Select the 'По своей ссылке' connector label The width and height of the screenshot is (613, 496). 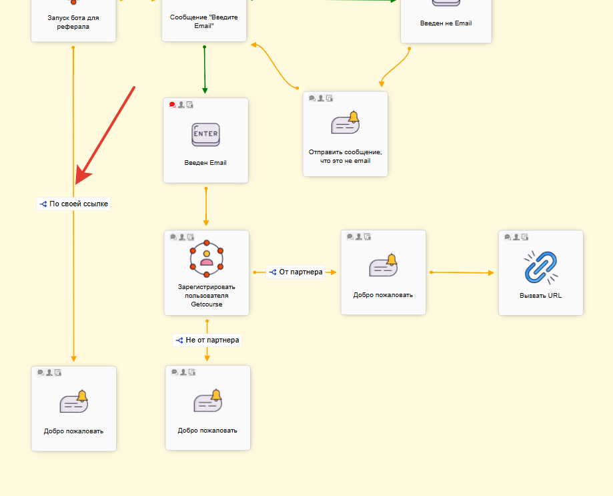point(73,204)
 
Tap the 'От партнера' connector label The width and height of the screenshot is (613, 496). point(295,272)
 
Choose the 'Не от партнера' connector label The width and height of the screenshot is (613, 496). point(207,340)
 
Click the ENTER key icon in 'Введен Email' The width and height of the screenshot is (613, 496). point(205,135)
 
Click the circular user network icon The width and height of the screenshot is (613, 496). point(207,257)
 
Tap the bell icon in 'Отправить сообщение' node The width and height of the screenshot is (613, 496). point(346,123)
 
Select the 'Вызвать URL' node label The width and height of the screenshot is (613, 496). point(540,294)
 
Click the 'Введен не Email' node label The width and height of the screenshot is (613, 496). point(446,23)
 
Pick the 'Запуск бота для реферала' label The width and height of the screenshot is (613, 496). point(73,23)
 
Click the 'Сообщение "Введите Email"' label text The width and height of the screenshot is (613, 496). point(204,21)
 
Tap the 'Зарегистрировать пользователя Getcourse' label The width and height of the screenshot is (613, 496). point(207,295)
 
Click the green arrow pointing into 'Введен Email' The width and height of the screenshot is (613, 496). point(205,70)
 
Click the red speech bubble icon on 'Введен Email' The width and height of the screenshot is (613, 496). point(173,105)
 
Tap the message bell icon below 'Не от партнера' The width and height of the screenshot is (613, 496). point(207,401)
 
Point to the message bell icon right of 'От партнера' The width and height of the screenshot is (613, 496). point(384,266)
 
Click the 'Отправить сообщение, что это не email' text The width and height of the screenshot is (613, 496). point(345,156)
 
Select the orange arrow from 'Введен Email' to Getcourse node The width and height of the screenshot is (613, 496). point(206,207)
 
